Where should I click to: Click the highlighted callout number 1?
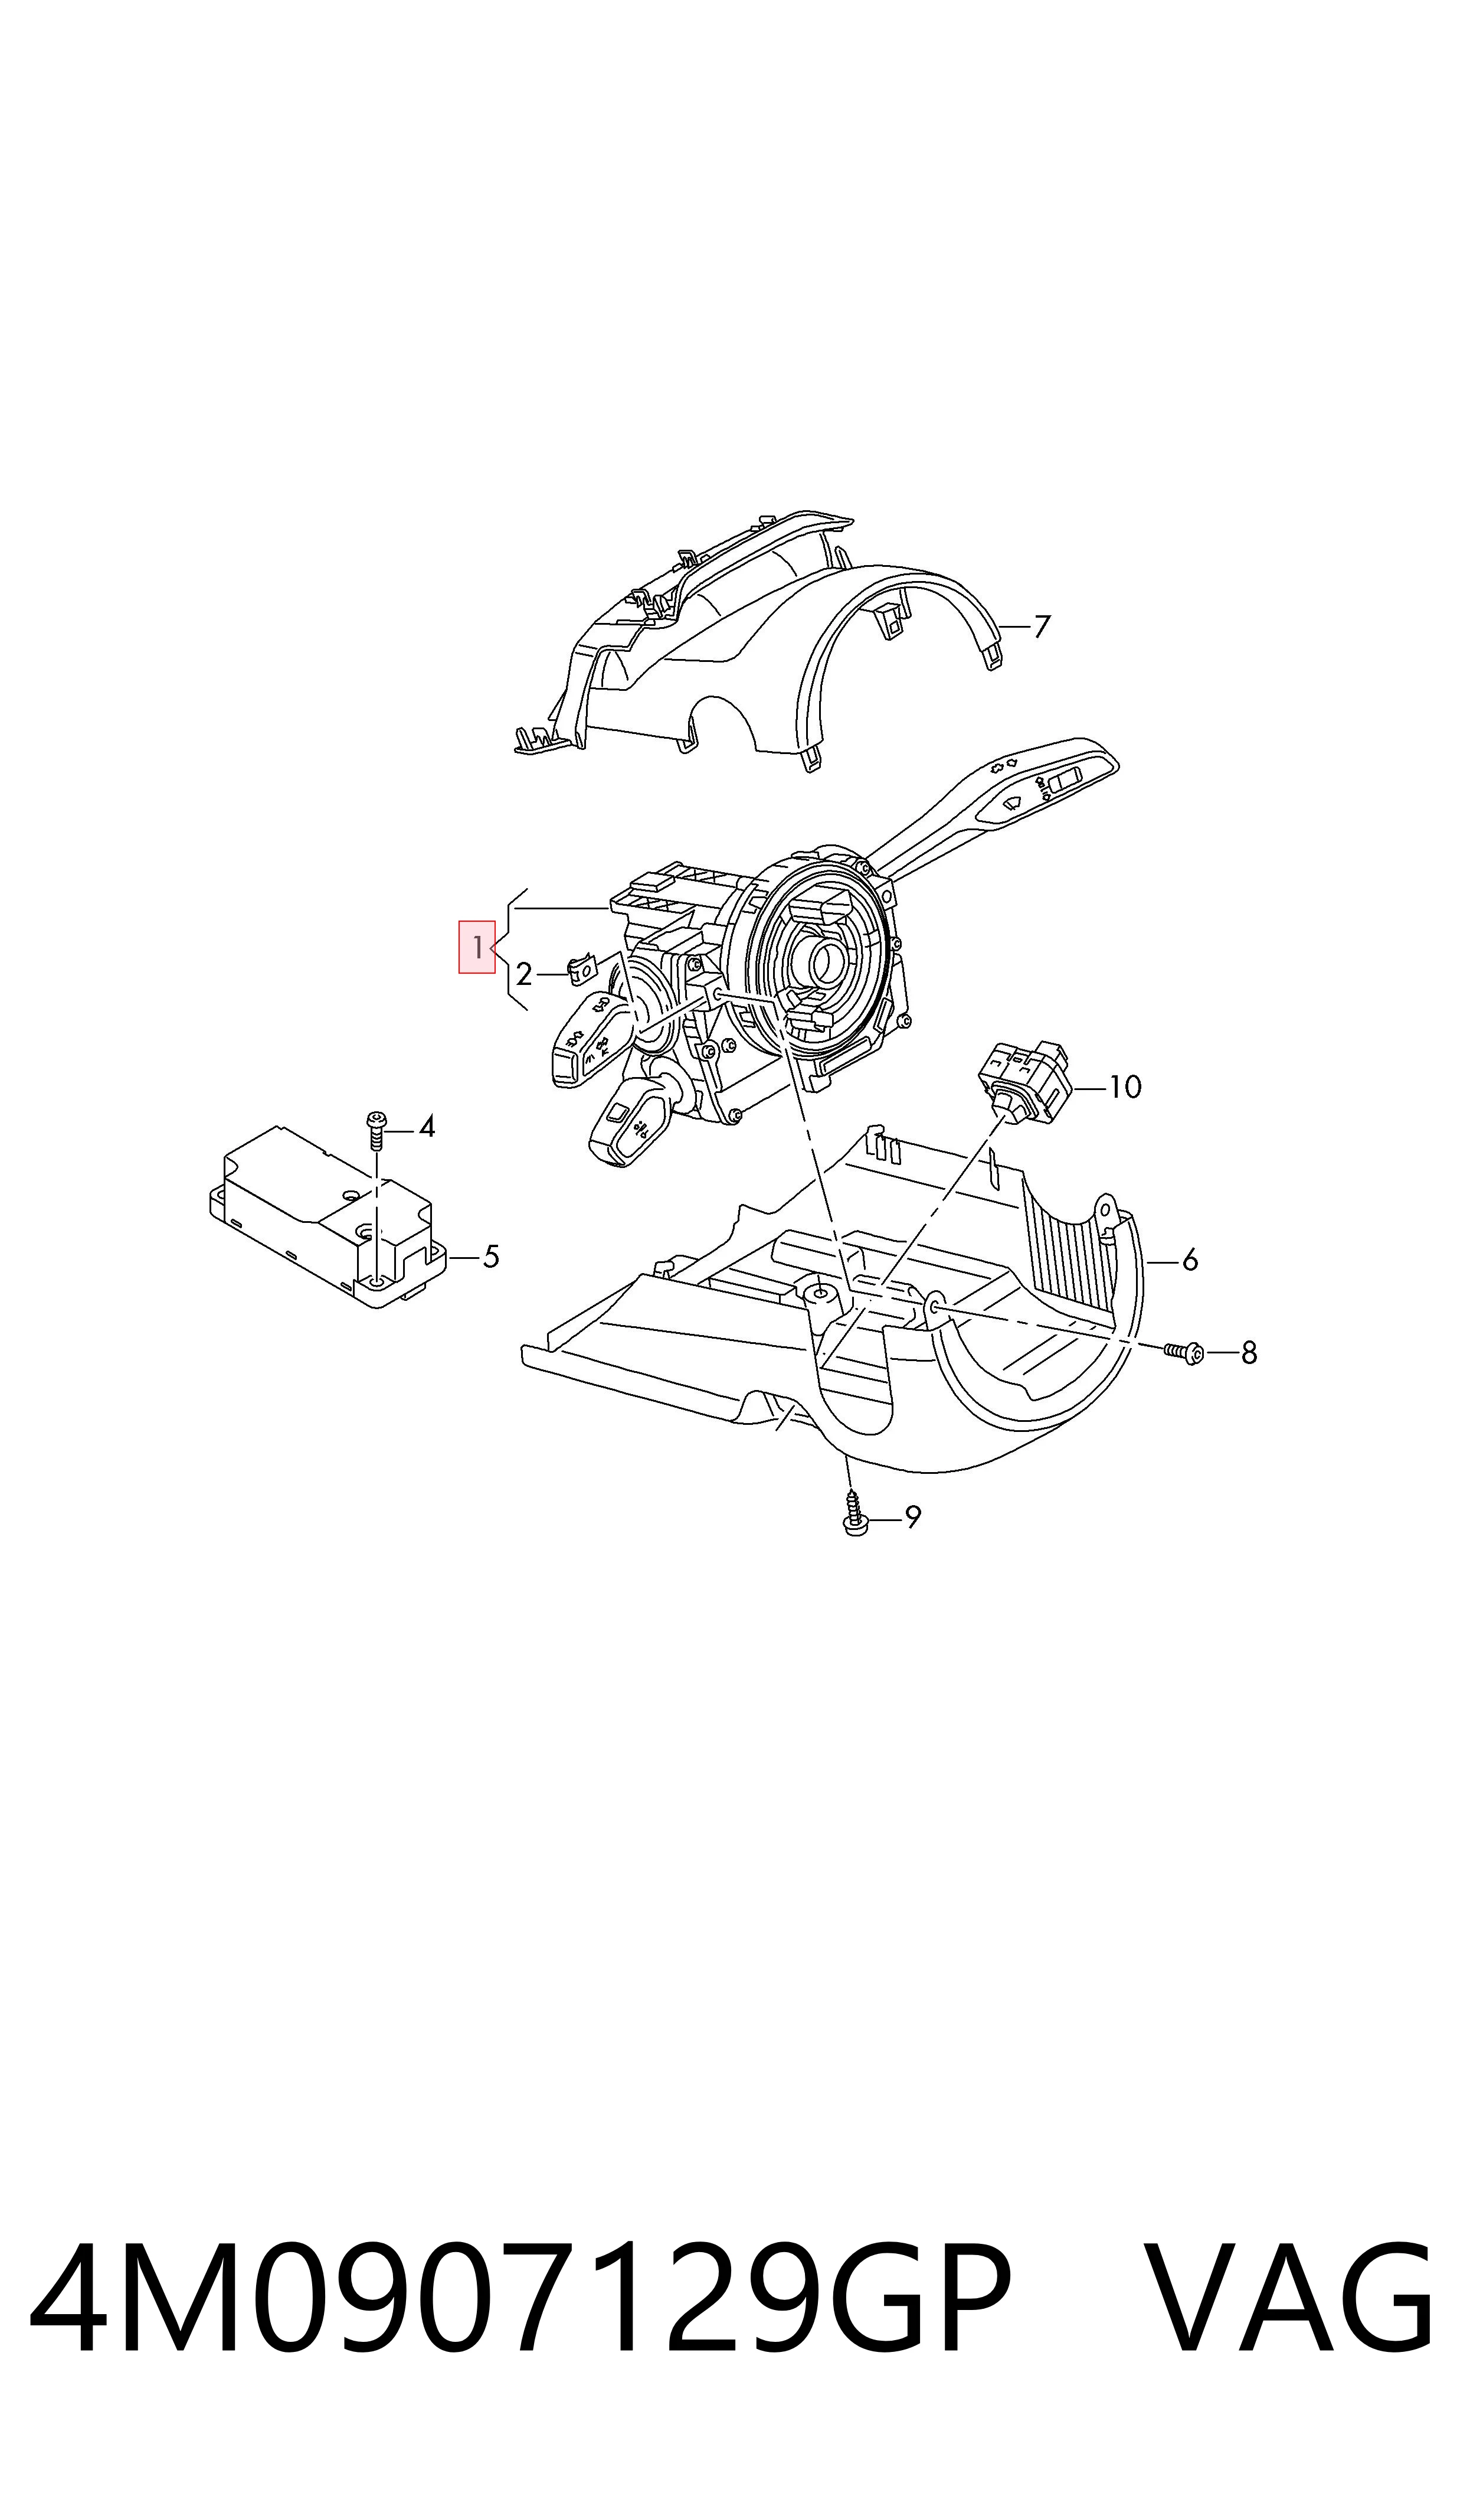[x=476, y=947]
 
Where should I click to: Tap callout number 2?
[x=524, y=975]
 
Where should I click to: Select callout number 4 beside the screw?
[x=427, y=1127]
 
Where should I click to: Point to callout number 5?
[x=490, y=1257]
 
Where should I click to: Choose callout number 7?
[x=1041, y=627]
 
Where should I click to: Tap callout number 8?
[x=1249, y=1353]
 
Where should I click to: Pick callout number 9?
[x=912, y=1517]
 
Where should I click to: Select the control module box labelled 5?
[x=328, y=1215]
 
